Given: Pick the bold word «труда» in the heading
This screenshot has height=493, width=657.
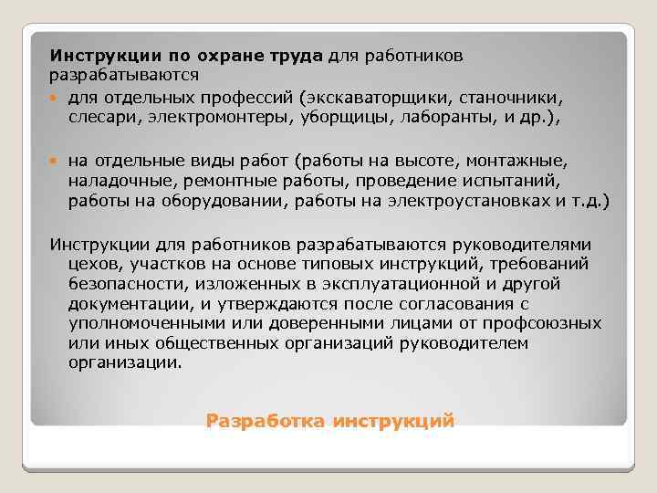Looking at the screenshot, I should pyautogui.click(x=287, y=57).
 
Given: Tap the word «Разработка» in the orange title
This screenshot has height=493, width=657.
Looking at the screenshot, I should pyautogui.click(x=265, y=421).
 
